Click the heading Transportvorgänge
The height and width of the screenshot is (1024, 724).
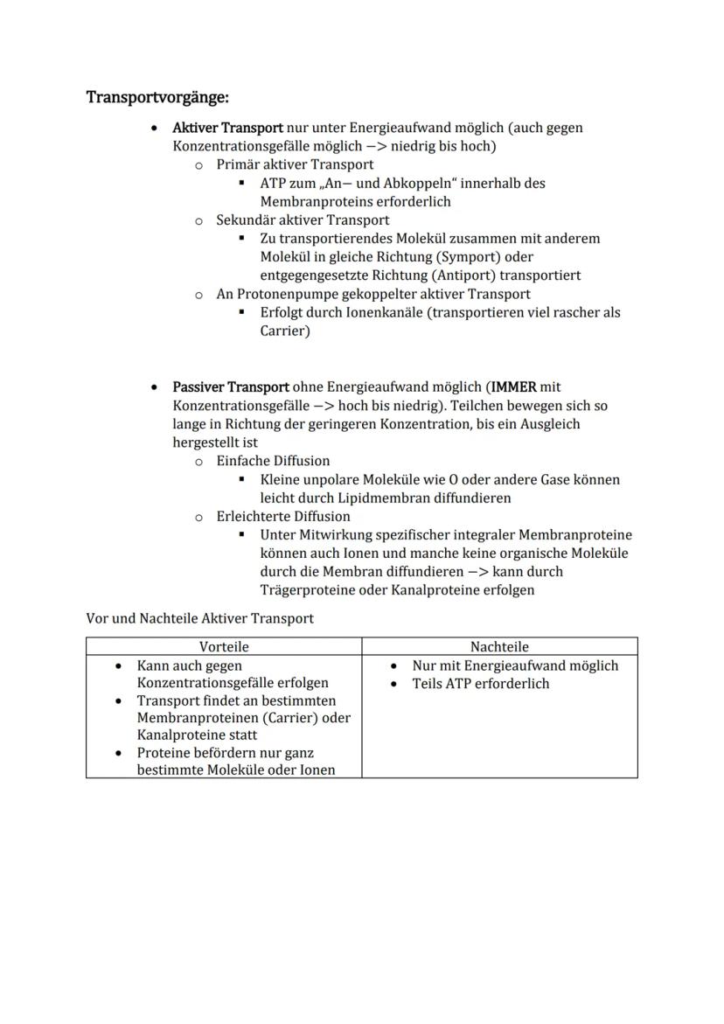click(x=157, y=96)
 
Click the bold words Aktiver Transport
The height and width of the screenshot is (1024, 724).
click(x=227, y=128)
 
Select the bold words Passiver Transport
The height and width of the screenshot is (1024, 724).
click(x=231, y=387)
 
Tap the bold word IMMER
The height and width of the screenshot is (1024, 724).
click(x=514, y=387)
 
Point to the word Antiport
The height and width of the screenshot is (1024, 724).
click(x=455, y=275)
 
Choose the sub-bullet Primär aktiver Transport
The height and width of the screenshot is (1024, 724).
click(x=295, y=164)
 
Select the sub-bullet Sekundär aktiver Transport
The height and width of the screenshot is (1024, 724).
click(x=303, y=220)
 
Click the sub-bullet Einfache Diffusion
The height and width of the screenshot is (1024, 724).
click(x=273, y=461)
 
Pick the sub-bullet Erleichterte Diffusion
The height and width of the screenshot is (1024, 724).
click(x=283, y=517)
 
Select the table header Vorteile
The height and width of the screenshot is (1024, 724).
click(x=224, y=647)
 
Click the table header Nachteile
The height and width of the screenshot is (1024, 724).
click(x=499, y=647)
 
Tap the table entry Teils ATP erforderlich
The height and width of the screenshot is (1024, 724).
click(x=480, y=683)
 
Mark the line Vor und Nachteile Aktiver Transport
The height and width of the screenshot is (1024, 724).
click(x=199, y=618)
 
